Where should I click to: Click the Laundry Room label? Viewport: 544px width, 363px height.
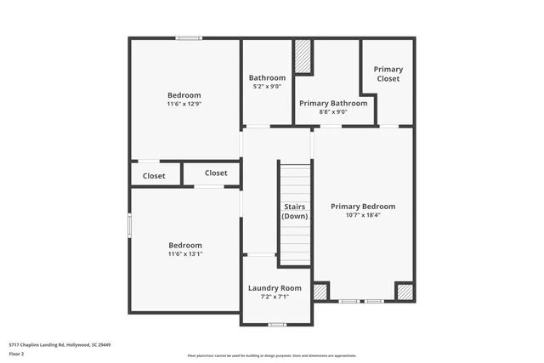[275, 288]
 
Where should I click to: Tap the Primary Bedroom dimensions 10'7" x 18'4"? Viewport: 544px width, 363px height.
[363, 215]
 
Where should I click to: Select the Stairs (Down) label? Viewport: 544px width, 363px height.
[294, 212]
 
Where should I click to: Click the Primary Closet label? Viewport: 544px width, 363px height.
[388, 74]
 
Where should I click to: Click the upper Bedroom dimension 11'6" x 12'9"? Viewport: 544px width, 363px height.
[184, 104]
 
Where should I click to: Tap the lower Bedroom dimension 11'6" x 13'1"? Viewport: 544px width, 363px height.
[185, 253]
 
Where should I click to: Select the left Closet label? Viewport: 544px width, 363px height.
[154, 176]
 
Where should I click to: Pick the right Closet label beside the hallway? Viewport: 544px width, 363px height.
[216, 173]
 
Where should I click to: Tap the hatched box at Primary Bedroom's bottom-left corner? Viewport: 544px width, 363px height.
[320, 292]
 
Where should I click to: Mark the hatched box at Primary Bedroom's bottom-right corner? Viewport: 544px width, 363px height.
[405, 292]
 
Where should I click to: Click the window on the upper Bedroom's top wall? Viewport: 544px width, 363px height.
[189, 37]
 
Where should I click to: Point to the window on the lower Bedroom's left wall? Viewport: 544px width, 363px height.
[129, 224]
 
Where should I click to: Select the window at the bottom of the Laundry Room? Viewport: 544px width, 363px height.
[276, 325]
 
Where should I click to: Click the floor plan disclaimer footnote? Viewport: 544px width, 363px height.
[272, 355]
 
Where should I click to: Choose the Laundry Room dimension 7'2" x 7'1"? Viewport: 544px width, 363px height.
[275, 297]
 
